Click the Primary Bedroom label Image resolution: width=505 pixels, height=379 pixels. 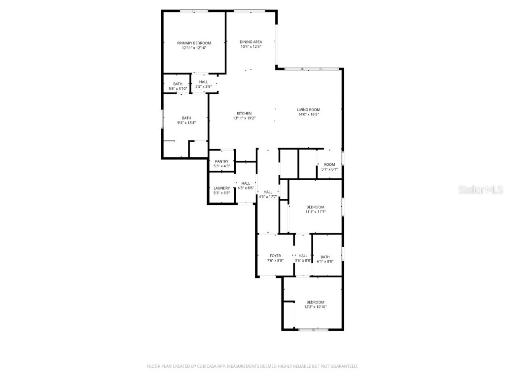tap(194, 43)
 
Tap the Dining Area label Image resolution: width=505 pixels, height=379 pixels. tap(251, 41)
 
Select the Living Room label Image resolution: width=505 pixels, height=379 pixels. tap(308, 110)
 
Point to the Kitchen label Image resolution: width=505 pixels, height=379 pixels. tap(244, 113)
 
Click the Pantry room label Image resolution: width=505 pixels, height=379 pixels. tap(221, 161)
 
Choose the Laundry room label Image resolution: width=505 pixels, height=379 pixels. tap(221, 188)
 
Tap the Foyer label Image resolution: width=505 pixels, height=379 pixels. tap(275, 256)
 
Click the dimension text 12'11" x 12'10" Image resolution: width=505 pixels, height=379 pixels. tap(194, 48)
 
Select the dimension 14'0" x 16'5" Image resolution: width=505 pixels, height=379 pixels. tap(308, 114)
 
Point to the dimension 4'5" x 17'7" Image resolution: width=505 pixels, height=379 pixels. tap(268, 197)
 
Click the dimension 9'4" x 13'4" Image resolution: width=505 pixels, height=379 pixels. tap(186, 122)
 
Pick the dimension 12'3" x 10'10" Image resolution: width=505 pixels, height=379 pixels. tap(315, 307)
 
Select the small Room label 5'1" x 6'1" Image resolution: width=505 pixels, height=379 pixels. tap(329, 164)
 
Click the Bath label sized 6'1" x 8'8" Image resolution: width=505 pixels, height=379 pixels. tap(325, 257)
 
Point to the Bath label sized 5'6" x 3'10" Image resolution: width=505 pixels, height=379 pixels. tap(178, 84)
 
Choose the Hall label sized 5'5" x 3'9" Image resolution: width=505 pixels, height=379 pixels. tap(203, 82)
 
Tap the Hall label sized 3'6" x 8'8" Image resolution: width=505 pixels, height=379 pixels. tap(303, 256)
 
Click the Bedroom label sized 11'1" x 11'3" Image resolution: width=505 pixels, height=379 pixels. tap(315, 207)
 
